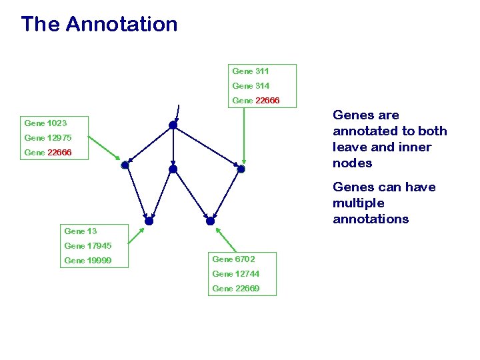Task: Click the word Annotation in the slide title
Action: point(122,25)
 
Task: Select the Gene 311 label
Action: point(251,71)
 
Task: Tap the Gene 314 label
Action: point(251,86)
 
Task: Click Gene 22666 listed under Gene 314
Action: point(256,101)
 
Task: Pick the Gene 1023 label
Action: point(45,123)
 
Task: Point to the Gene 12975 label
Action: point(47,138)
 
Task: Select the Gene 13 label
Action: point(81,231)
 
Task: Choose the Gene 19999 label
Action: point(87,261)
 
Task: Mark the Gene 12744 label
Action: point(235,274)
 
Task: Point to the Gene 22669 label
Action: point(235,289)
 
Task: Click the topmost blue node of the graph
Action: point(173,125)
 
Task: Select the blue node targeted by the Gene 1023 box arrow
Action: point(125,165)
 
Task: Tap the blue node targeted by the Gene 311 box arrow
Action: point(241,169)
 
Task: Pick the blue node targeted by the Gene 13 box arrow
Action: point(149,221)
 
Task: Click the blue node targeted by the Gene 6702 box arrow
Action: point(210,221)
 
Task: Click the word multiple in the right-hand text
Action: point(358,203)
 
